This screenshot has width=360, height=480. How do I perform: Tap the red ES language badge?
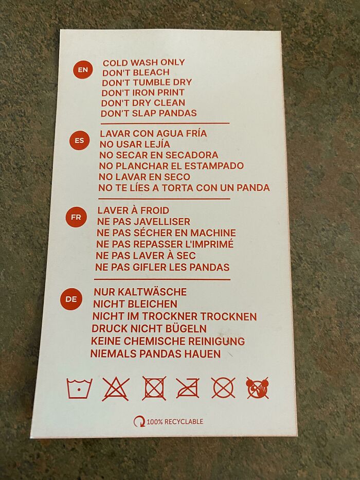(x=79, y=140)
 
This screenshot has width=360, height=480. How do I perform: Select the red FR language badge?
(x=76, y=217)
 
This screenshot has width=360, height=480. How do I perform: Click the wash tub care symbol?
(x=80, y=388)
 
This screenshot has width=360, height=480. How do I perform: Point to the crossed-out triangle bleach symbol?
(x=115, y=388)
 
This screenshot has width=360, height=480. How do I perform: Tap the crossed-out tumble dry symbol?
(x=154, y=388)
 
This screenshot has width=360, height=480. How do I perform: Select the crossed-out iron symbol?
(x=188, y=388)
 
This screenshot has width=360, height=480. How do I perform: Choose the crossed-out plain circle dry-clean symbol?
(x=223, y=387)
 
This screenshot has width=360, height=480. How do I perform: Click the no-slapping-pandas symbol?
(x=257, y=387)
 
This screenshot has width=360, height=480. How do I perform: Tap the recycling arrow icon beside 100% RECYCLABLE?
(x=139, y=422)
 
